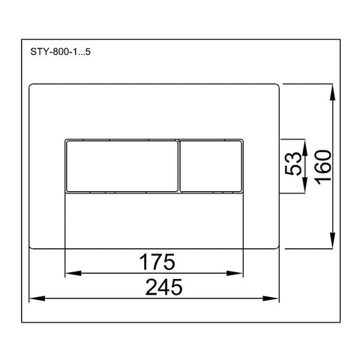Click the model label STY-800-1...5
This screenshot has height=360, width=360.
click(60, 52)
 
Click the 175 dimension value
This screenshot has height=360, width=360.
click(157, 262)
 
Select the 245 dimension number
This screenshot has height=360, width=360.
click(164, 287)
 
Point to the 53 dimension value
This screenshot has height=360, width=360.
click(293, 163)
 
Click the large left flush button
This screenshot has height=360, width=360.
click(121, 166)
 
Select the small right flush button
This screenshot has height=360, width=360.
click(211, 166)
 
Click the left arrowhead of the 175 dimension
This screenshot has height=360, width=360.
click(73, 273)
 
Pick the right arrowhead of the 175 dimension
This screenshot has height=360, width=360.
click(235, 273)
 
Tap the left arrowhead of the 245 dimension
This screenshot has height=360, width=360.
click(37, 298)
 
